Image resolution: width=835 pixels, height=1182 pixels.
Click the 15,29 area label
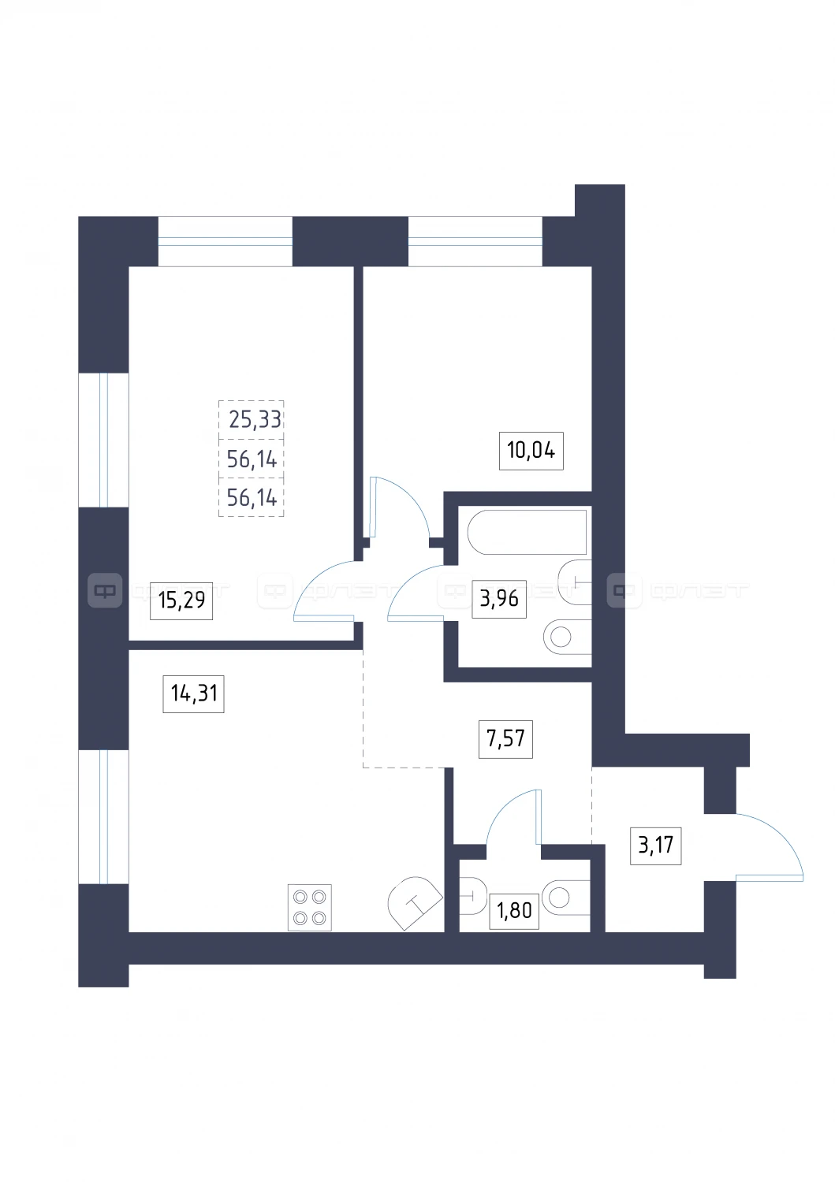click(x=181, y=600)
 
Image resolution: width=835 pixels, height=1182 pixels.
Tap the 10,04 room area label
click(x=531, y=450)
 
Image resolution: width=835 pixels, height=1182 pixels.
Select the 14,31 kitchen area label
click(x=193, y=693)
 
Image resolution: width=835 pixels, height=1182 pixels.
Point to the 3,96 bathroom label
click(x=499, y=598)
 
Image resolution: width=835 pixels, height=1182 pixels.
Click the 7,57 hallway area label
click(x=505, y=739)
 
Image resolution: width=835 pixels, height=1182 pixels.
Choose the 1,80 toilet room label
click(x=514, y=911)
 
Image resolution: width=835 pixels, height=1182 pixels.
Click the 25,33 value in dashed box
click(x=255, y=419)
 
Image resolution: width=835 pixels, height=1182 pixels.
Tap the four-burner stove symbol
click(x=310, y=907)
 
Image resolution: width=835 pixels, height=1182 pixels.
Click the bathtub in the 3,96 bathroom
click(x=527, y=531)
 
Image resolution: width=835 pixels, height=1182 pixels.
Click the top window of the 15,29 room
click(x=226, y=241)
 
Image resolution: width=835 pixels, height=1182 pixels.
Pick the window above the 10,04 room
click(x=475, y=241)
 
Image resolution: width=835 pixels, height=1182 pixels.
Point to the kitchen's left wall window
click(x=103, y=816)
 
